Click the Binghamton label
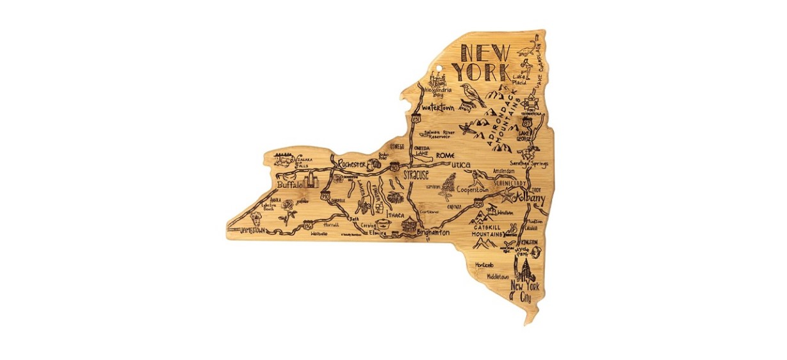click(434, 233)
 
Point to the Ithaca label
click(396, 215)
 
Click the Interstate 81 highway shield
click(417, 119)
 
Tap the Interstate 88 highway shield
click(478, 202)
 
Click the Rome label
click(444, 156)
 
